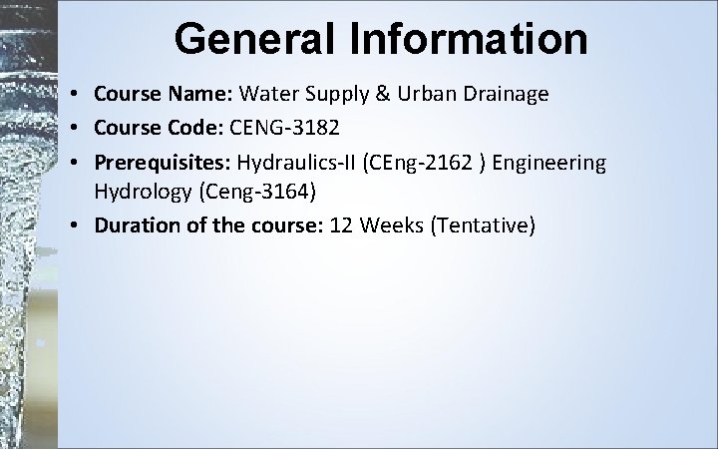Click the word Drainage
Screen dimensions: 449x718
coord(507,95)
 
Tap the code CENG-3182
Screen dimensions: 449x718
coord(282,128)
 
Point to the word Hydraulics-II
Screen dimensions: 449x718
coord(296,161)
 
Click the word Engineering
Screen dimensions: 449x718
coord(553,161)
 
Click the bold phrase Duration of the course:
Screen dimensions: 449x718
coord(199,226)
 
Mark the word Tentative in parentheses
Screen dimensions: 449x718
coord(488,226)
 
